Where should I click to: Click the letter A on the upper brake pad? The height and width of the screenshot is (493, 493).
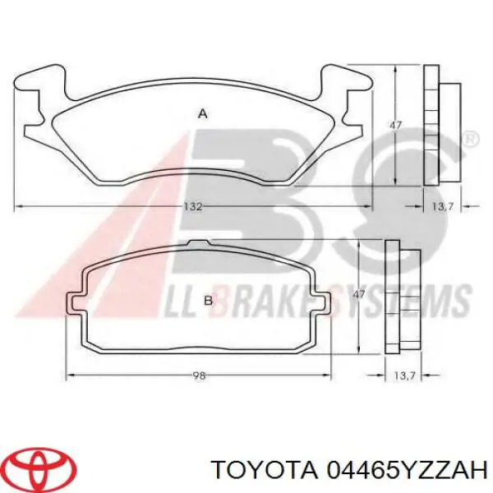click(202, 115)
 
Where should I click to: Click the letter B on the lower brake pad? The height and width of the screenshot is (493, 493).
click(208, 301)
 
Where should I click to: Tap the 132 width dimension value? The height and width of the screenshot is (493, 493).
click(192, 206)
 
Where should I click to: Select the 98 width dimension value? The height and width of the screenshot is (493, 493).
click(198, 376)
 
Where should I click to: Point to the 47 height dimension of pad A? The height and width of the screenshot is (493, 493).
click(395, 125)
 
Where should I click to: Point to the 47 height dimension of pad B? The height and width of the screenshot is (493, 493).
click(357, 293)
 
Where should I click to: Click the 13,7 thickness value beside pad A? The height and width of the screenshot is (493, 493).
click(443, 206)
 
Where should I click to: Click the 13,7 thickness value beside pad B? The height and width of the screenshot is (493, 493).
click(403, 376)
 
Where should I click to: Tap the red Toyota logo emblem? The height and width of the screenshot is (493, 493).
click(39, 469)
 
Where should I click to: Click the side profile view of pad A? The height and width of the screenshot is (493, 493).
click(441, 124)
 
